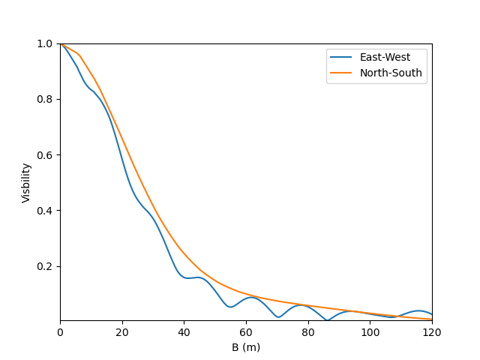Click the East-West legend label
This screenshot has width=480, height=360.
pyautogui.click(x=385, y=57)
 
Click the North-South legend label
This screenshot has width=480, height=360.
pyautogui.click(x=391, y=73)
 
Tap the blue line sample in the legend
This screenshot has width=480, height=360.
pyautogui.click(x=340, y=57)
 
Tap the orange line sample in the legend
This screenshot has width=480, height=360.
pyautogui.click(x=340, y=73)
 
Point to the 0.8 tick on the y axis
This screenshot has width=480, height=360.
pyautogui.click(x=44, y=99)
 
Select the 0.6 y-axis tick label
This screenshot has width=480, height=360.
pyautogui.click(x=44, y=155)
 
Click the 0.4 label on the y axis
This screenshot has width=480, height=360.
pyautogui.click(x=44, y=211)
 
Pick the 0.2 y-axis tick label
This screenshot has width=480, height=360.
pyautogui.click(x=44, y=266)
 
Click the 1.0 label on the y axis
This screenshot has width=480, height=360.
pyautogui.click(x=44, y=43)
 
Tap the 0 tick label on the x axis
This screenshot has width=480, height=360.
pyautogui.click(x=60, y=332)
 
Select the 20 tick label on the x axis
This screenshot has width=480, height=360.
pyautogui.click(x=122, y=332)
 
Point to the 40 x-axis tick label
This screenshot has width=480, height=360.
pyautogui.click(x=184, y=332)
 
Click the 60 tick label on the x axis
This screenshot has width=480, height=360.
pyautogui.click(x=246, y=332)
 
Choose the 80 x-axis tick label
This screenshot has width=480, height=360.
pyautogui.click(x=308, y=332)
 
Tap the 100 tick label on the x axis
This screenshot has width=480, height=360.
pyautogui.click(x=370, y=332)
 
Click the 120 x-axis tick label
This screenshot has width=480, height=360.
pyautogui.click(x=432, y=332)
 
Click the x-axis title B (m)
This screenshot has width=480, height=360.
pyautogui.click(x=246, y=347)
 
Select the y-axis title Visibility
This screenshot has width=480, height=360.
pyautogui.click(x=26, y=183)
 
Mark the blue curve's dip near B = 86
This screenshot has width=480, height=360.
pyautogui.click(x=327, y=320)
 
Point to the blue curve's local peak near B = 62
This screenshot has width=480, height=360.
pyautogui.click(x=252, y=297)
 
